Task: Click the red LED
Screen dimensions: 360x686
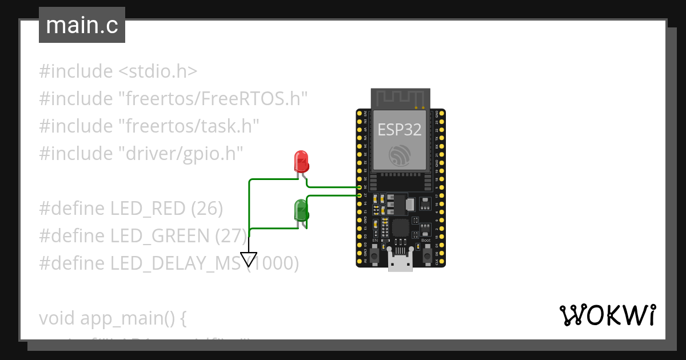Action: click(x=301, y=162)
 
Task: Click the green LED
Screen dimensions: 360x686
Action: click(x=301, y=210)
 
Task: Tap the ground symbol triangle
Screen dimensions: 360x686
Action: click(x=249, y=259)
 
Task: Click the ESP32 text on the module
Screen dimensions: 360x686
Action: click(x=400, y=130)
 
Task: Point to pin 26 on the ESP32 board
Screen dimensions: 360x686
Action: click(x=360, y=187)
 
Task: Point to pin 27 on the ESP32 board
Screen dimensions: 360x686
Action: click(x=360, y=195)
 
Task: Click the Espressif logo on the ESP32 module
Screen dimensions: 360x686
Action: click(x=399, y=156)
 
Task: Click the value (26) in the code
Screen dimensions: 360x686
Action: click(x=207, y=209)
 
